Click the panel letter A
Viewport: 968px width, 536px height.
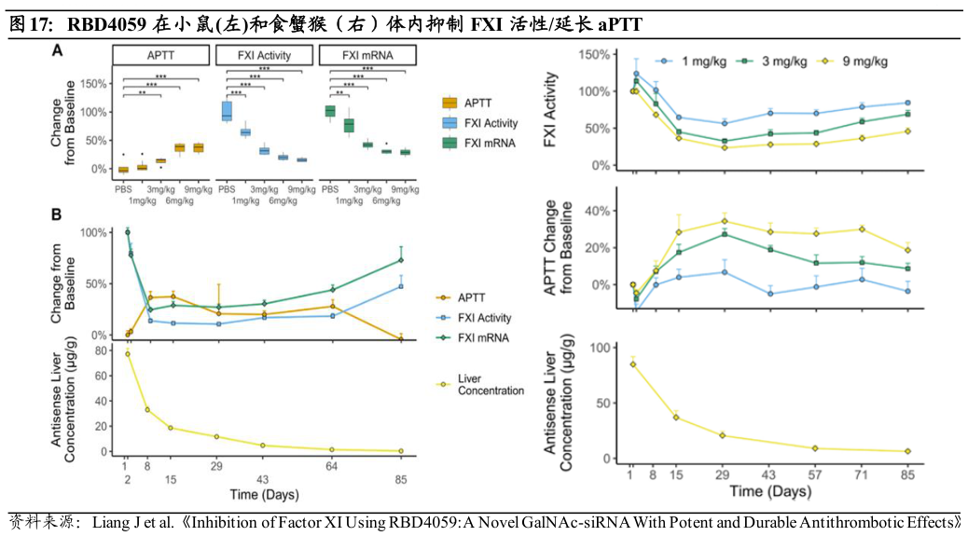(x=57, y=52)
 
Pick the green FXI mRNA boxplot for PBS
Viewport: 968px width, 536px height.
(x=329, y=111)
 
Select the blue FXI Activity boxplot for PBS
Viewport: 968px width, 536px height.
(x=226, y=111)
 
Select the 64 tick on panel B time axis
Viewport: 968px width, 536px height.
(x=331, y=466)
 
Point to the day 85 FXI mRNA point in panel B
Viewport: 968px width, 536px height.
(x=400, y=260)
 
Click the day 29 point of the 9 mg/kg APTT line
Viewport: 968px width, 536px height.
(x=725, y=222)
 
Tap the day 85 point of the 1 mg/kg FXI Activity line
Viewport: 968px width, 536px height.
(x=907, y=103)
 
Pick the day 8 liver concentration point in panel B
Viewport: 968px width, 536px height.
(x=147, y=409)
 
